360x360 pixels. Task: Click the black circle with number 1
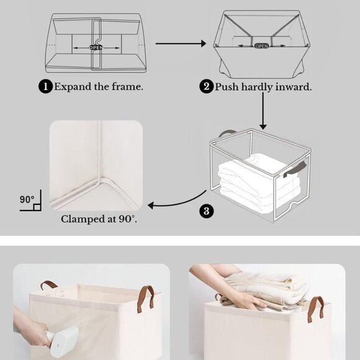45,87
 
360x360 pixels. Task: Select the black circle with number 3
207,210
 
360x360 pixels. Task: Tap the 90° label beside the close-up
27,200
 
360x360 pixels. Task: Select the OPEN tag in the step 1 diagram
96,47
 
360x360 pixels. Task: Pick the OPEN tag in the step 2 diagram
261,45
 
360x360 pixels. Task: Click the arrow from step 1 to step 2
180,43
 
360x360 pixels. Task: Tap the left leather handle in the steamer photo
49,286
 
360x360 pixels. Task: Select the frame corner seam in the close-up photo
96,180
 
